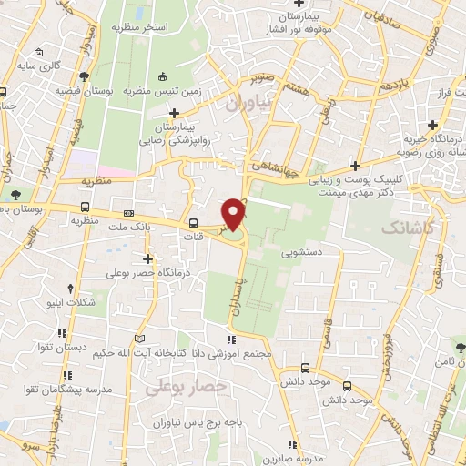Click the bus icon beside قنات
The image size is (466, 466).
click(x=193, y=224)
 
